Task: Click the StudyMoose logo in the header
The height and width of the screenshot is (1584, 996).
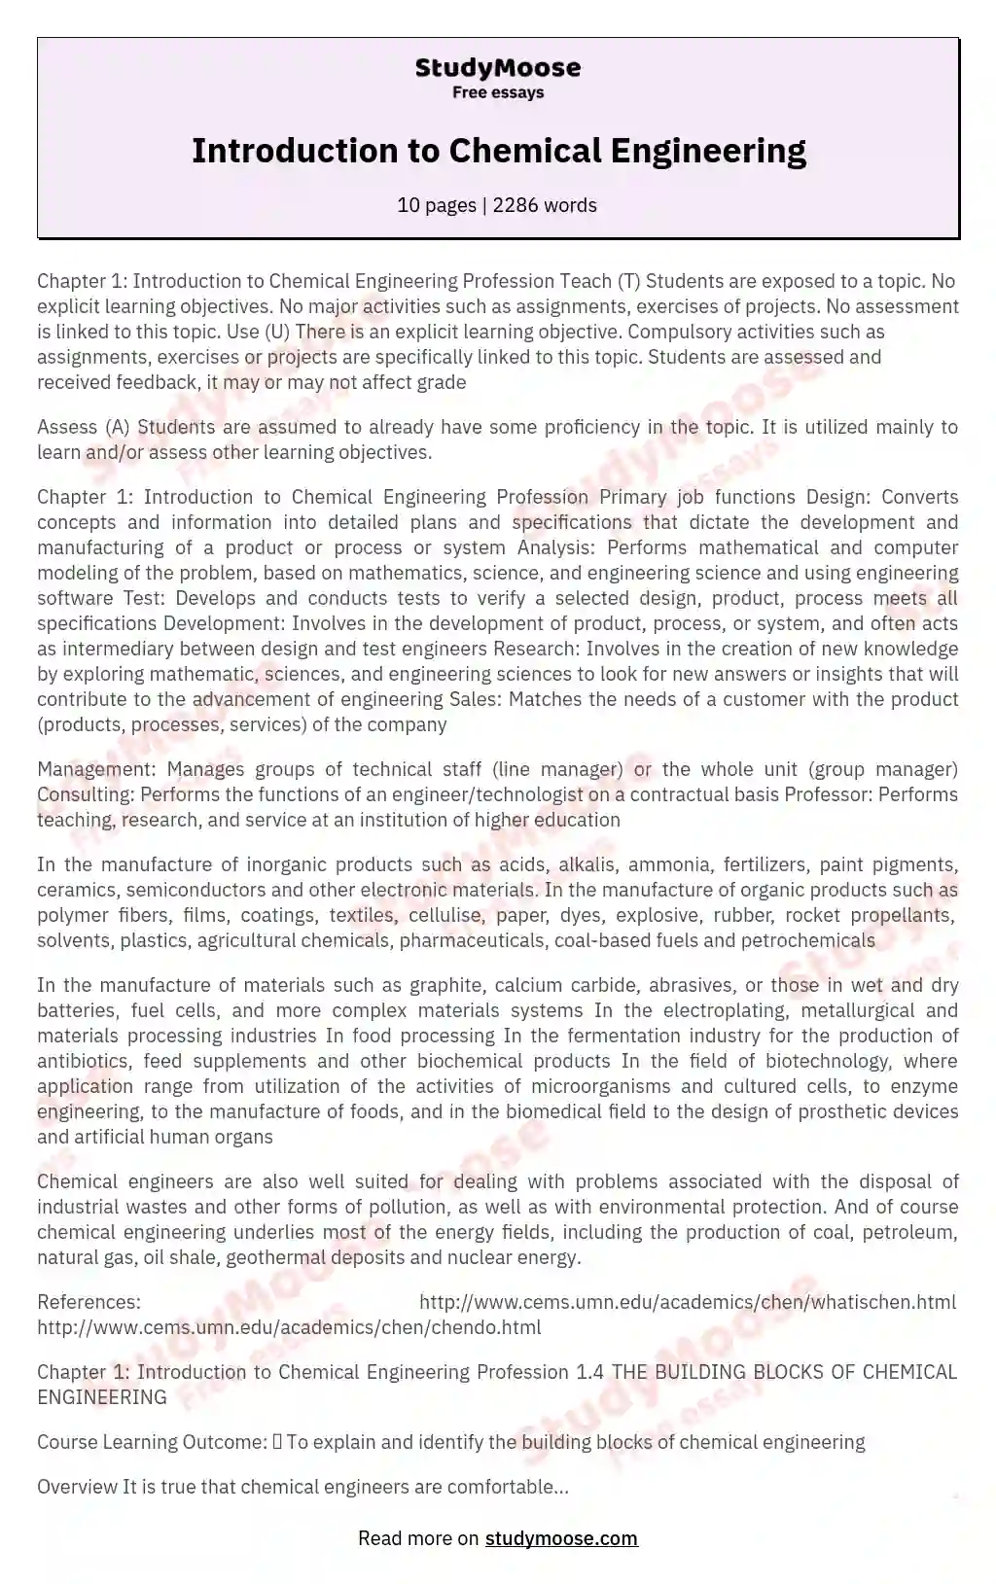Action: click(497, 68)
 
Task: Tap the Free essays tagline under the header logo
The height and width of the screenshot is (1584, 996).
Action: click(497, 92)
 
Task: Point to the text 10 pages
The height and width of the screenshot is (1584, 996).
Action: click(437, 205)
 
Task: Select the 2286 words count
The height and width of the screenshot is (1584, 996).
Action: click(545, 205)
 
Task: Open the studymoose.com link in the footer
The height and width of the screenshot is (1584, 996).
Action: click(561, 1538)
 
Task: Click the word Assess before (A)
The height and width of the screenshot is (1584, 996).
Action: click(67, 427)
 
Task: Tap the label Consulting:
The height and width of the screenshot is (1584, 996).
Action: click(86, 794)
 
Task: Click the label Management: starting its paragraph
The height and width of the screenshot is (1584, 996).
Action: click(91, 769)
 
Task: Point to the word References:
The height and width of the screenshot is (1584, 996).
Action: click(89, 1302)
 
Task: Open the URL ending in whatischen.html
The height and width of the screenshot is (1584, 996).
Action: click(687, 1302)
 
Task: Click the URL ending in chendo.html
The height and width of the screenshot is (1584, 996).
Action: click(289, 1327)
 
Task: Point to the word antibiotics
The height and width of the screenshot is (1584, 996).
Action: click(82, 1061)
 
